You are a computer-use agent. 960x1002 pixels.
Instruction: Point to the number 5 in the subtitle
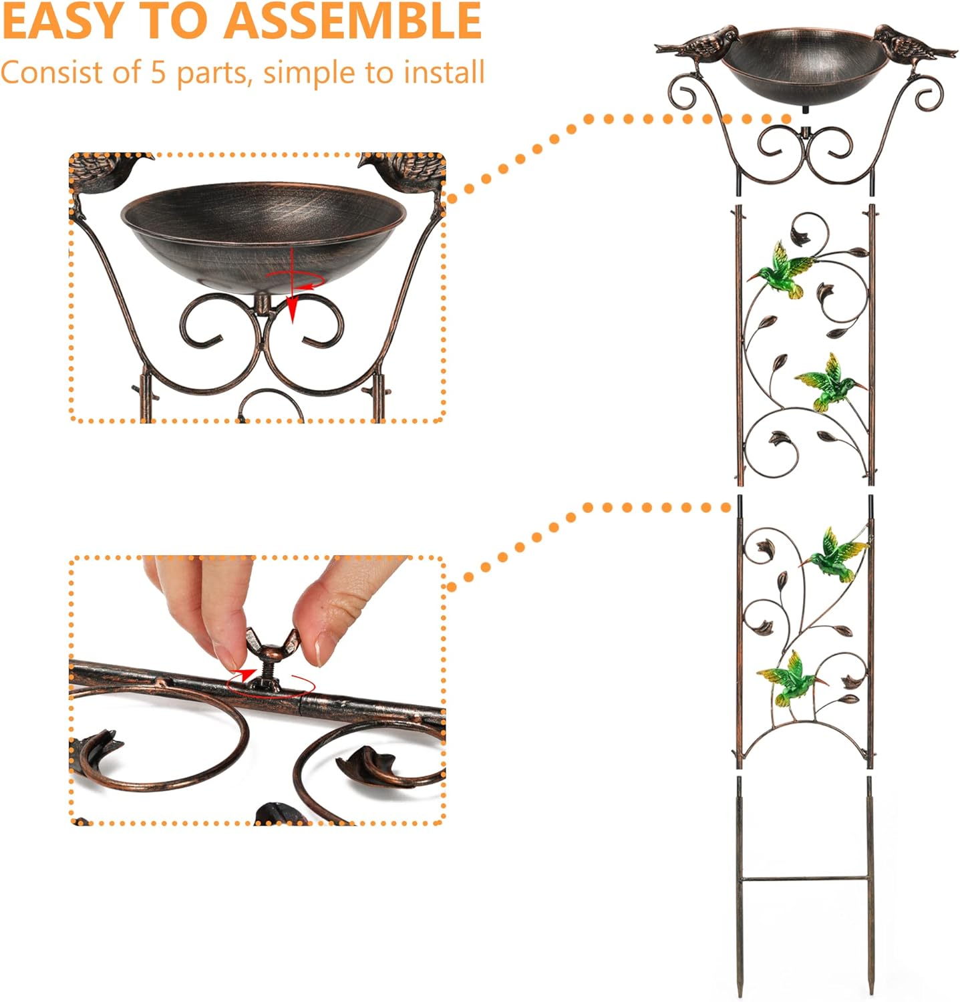coord(158,72)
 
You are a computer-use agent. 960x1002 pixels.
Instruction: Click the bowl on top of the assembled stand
coord(806,60)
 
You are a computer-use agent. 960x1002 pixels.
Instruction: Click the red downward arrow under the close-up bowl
coord(292,309)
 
